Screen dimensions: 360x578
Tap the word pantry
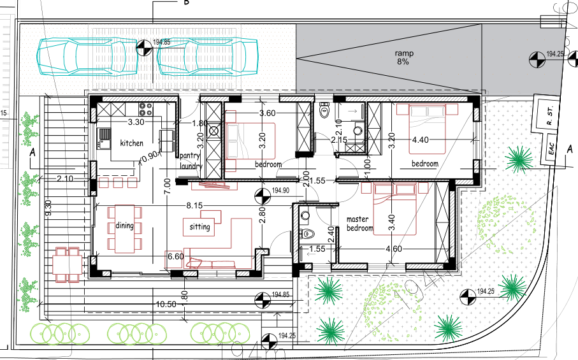point(191,155)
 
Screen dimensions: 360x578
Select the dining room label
point(124,226)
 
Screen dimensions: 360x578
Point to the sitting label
point(199,227)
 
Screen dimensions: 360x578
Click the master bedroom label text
point(359,224)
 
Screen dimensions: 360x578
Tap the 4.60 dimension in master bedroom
point(393,248)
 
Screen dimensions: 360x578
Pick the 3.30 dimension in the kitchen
point(136,121)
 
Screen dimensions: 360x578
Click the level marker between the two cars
point(145,45)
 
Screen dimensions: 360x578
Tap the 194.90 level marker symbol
point(261,194)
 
